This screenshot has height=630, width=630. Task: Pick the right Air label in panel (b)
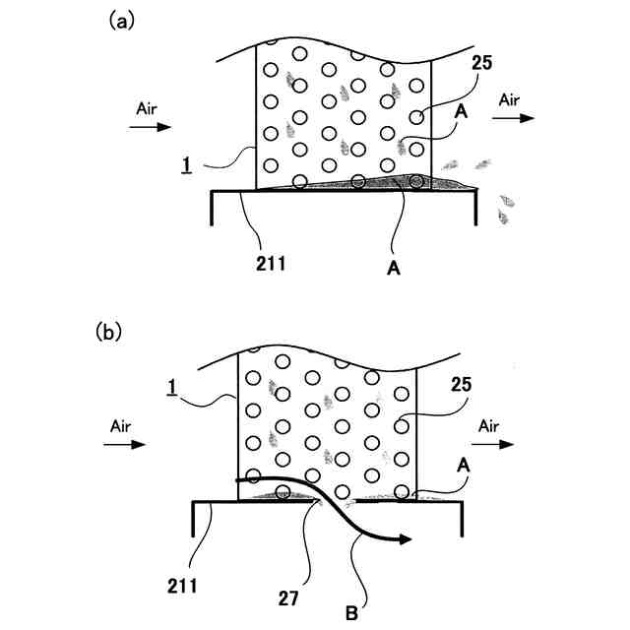[489, 427]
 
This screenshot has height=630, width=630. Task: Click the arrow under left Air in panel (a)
[152, 127]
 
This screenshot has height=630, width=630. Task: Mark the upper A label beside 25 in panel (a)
[459, 111]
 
